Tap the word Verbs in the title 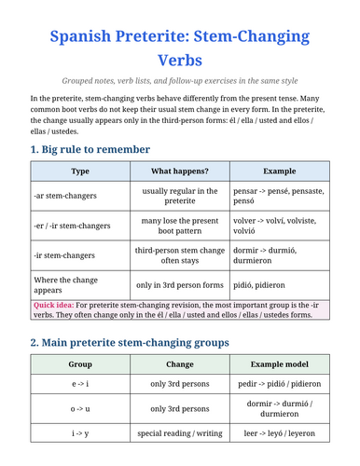click(179, 61)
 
